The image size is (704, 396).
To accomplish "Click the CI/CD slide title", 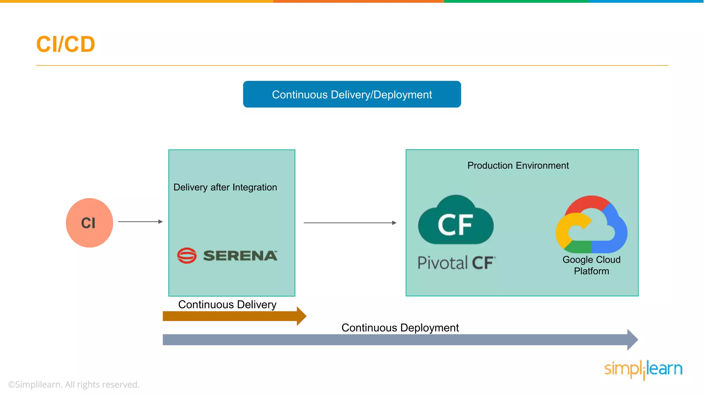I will [65, 44].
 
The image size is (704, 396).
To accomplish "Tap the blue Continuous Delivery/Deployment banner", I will [352, 94].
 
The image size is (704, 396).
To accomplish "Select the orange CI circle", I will [89, 223].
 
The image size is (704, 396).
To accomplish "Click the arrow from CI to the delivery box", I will [140, 222].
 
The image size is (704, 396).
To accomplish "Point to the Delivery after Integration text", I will [225, 187].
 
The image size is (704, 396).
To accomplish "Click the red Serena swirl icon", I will [187, 255].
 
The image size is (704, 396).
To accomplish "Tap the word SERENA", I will [240, 256].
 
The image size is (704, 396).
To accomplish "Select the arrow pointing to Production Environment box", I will [350, 223].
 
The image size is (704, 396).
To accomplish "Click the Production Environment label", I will [518, 166].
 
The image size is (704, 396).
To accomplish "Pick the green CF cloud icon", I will [455, 222].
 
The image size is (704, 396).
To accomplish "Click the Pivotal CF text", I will [456, 263].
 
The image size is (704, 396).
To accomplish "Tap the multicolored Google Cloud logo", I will [591, 225].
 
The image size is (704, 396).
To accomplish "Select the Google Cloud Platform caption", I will [591, 265].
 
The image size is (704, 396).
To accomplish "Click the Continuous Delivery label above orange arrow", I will [227, 305].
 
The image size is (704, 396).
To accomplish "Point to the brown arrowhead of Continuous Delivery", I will [301, 316].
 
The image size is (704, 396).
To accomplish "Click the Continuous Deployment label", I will [400, 328].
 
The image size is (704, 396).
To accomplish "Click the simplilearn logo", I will [643, 369].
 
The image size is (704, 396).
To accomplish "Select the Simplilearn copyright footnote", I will [74, 384].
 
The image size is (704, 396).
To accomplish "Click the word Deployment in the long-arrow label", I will [429, 328].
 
